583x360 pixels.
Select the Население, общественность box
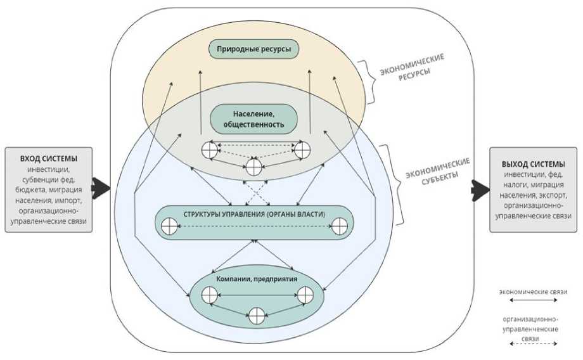pyautogui.click(x=253, y=119)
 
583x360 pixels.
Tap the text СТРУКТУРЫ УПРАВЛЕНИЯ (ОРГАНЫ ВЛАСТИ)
pyautogui.click(x=254, y=214)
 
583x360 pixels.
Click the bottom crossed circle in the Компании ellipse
pyautogui.click(x=256, y=315)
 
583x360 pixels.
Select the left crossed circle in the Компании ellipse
pyautogui.click(x=210, y=294)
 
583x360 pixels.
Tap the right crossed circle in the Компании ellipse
pyautogui.click(x=305, y=294)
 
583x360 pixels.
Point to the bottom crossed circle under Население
pyautogui.click(x=253, y=167)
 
